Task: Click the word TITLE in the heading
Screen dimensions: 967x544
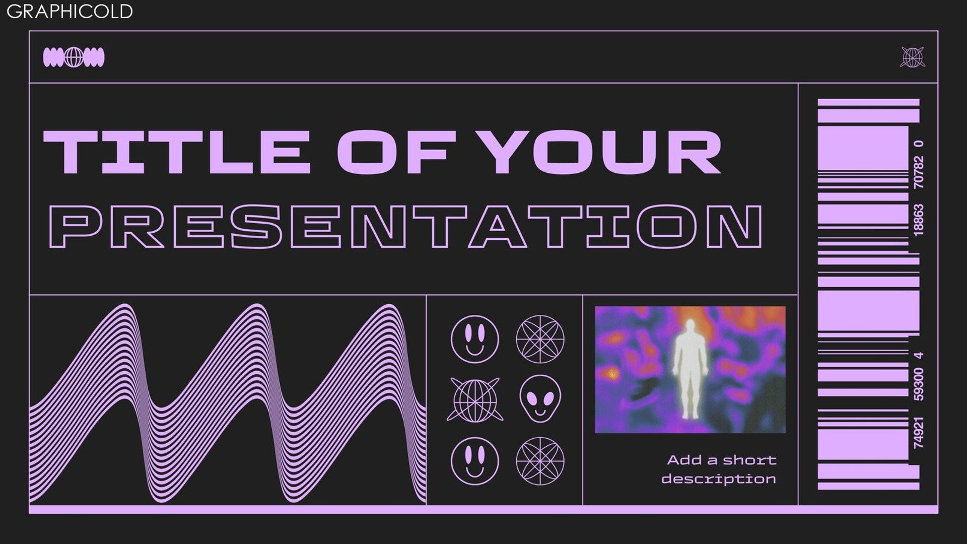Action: click(x=177, y=152)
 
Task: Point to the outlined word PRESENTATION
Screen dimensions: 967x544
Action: click(x=405, y=226)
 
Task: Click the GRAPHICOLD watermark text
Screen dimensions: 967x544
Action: click(x=70, y=11)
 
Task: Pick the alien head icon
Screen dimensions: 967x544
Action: click(x=540, y=398)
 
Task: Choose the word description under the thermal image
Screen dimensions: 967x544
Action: click(x=719, y=479)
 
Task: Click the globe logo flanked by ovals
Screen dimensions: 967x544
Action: click(x=74, y=57)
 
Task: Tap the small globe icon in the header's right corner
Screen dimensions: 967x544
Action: click(x=912, y=57)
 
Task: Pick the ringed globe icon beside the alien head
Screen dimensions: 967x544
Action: click(x=475, y=399)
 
